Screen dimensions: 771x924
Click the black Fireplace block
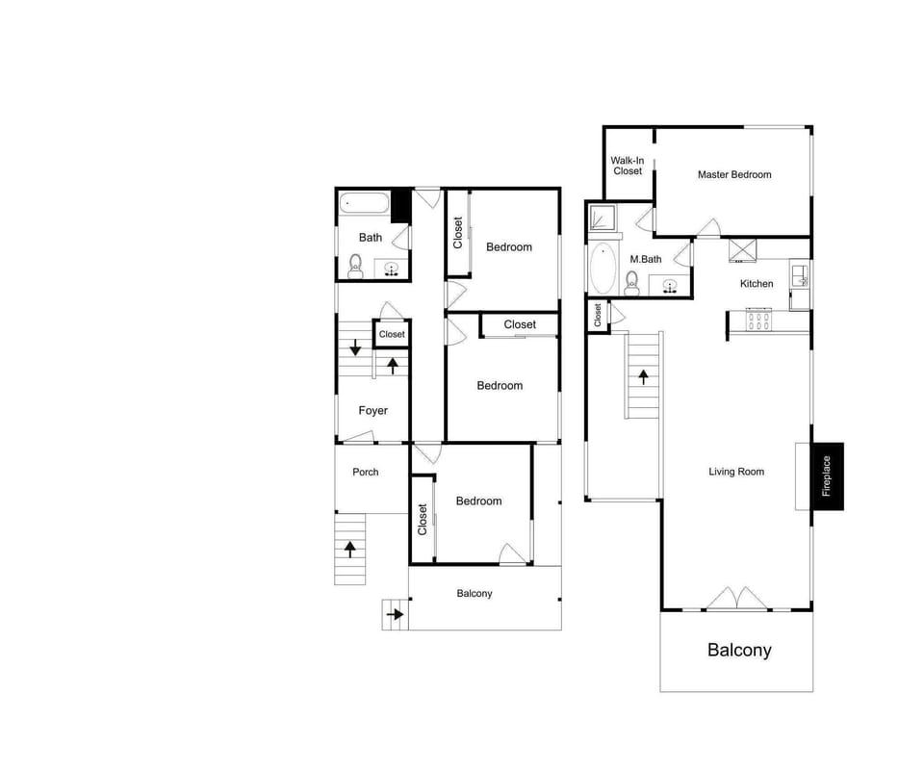(x=828, y=476)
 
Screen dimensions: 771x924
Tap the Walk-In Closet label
(x=627, y=166)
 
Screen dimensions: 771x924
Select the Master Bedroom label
(x=734, y=174)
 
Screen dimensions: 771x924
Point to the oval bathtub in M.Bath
(x=603, y=269)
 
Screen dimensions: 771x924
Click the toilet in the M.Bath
(x=632, y=280)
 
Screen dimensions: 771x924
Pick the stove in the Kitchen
(x=759, y=320)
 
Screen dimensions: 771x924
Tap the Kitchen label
(x=757, y=284)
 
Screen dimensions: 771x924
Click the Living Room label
(x=736, y=472)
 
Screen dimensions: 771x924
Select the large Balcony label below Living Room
(x=739, y=650)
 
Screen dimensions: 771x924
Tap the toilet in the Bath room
(x=355, y=266)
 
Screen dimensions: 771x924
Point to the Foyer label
(x=373, y=411)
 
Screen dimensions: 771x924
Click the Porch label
(x=366, y=472)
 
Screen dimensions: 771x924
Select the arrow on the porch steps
(x=349, y=549)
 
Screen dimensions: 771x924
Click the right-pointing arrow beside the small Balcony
(x=394, y=612)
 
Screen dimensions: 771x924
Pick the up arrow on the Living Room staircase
(x=642, y=375)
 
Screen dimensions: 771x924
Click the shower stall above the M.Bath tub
(x=603, y=218)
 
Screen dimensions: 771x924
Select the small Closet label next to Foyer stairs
(x=392, y=334)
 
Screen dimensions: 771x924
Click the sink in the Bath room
(x=392, y=269)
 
